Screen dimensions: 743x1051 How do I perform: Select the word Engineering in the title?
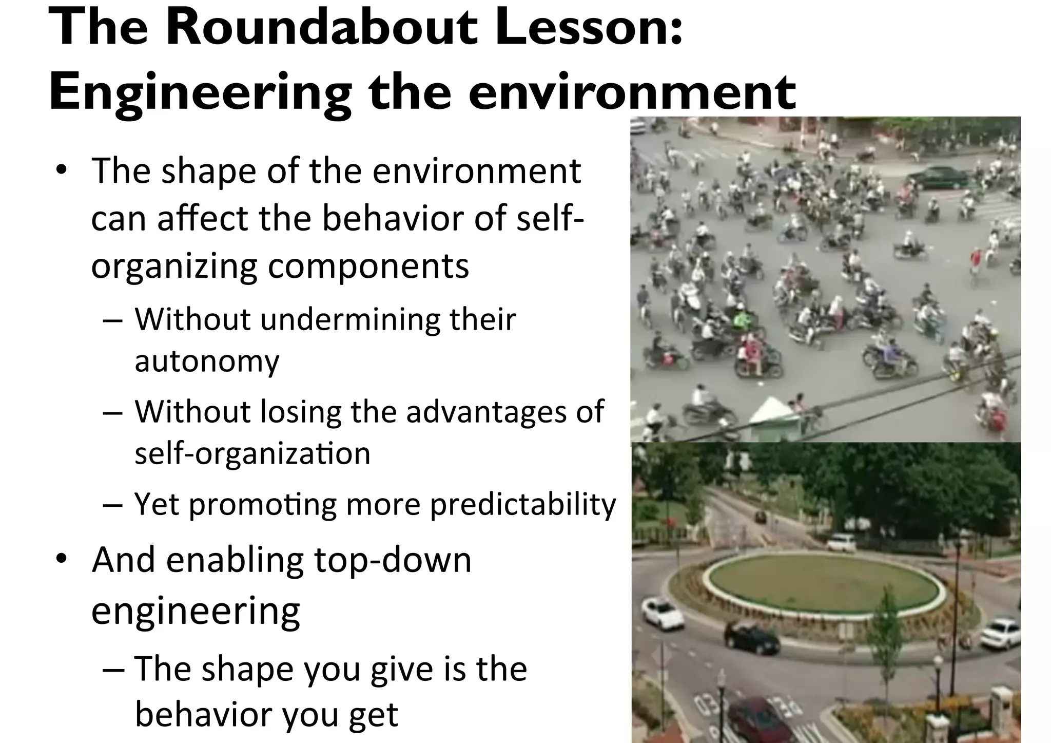point(200,92)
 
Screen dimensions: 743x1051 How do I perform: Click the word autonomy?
point(207,361)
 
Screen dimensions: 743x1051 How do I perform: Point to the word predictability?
point(522,505)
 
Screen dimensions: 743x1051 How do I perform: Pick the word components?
point(368,266)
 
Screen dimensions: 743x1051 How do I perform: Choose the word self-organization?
point(252,454)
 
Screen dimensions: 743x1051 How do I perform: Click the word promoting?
point(263,505)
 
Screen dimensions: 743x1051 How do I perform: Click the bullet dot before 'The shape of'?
point(62,170)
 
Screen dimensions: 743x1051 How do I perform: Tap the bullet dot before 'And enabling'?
point(62,559)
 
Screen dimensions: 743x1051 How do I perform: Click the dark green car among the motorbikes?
point(937,178)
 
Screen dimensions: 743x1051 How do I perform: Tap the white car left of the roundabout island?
point(663,613)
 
